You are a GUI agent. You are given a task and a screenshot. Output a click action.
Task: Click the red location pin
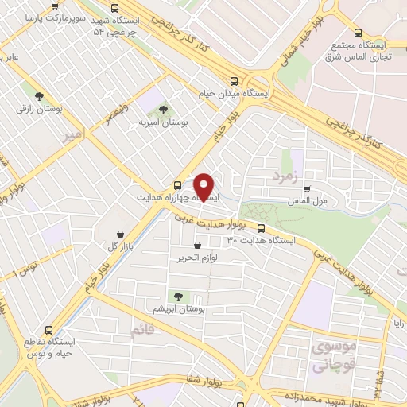pos(204,188)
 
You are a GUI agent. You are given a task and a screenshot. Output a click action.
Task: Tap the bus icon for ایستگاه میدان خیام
pos(234,81)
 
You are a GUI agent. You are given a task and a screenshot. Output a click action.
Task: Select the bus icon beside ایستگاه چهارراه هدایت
pos(176,185)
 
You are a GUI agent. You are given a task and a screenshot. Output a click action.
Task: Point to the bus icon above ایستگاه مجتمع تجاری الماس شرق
pos(358,33)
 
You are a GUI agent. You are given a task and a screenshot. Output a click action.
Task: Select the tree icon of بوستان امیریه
pos(164,110)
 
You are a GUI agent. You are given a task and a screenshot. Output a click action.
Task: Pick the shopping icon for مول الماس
pos(307,189)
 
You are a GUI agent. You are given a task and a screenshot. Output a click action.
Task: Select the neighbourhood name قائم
pos(145,328)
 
